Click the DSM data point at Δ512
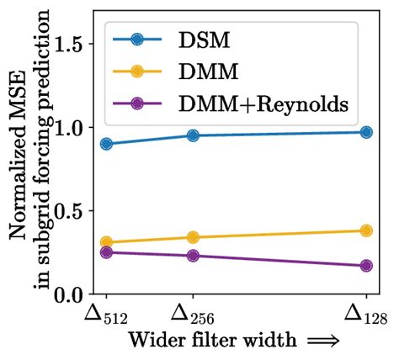point(106,144)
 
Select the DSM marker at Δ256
point(193,135)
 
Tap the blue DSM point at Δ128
point(366,132)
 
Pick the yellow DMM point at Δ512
point(106,242)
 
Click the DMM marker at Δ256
point(193,237)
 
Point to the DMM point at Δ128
point(366,230)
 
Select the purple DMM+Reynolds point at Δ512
point(106,252)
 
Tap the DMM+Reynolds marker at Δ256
point(193,256)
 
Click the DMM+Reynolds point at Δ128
point(366,266)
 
